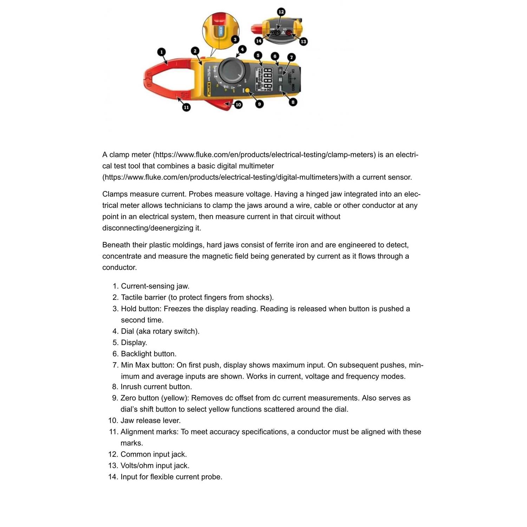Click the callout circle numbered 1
point(161,52)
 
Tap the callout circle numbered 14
point(259,41)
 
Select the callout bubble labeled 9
point(259,104)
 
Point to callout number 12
point(281,12)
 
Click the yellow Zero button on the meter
point(247,91)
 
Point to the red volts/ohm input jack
point(289,33)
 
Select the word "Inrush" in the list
point(132,387)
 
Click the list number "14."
point(113,477)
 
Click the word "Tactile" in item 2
point(133,298)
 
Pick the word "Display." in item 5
point(134,343)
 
